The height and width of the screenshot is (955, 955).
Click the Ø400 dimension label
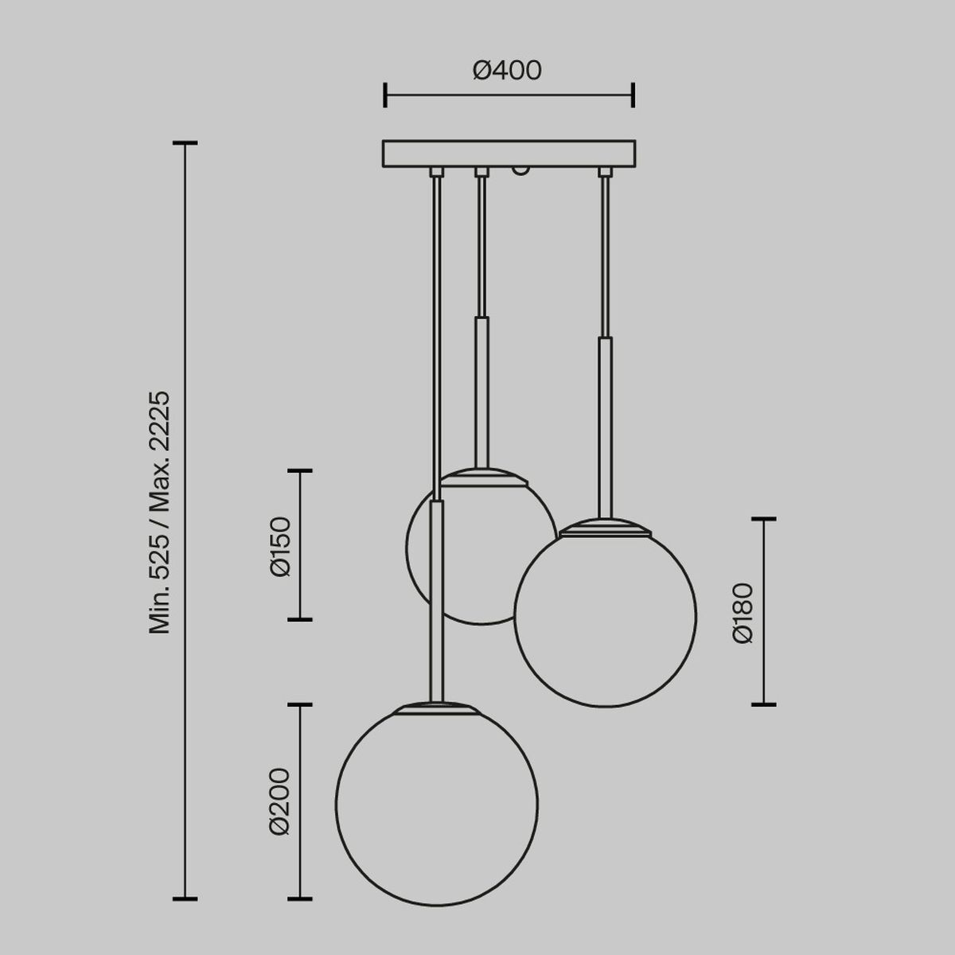(507, 72)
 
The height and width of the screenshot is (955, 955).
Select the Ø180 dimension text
(743, 613)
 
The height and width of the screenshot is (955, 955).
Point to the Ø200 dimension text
(279, 801)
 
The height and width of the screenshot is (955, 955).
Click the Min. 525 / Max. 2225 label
(161, 513)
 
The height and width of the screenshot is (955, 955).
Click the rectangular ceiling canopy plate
(509, 154)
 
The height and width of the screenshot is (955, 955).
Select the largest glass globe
(436, 804)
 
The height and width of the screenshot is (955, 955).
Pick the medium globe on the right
(605, 617)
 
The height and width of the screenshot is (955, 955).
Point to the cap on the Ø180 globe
(605, 526)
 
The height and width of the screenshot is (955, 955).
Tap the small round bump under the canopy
(520, 170)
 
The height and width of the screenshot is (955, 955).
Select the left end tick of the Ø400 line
(385, 95)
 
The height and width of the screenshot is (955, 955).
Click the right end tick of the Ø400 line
(633, 95)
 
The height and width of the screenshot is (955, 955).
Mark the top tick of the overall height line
(185, 144)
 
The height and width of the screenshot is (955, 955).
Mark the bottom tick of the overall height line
(185, 898)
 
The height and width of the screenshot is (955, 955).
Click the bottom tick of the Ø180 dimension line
(764, 704)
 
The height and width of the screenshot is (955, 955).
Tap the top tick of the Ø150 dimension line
(299, 471)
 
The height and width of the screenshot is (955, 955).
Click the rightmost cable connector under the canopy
(606, 172)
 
